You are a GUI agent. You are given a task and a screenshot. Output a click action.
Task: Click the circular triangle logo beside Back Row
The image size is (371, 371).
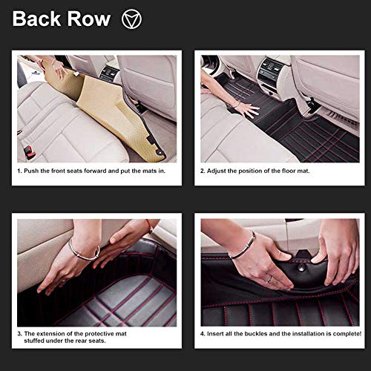(131, 19)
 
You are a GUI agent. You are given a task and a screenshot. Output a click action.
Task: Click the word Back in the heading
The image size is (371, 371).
(36, 19)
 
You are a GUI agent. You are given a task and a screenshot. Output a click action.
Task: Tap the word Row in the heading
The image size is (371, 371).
(89, 19)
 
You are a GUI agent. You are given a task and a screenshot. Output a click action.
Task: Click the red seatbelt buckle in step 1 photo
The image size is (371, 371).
(30, 152)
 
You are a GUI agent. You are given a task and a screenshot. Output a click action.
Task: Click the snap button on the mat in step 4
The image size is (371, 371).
(301, 267)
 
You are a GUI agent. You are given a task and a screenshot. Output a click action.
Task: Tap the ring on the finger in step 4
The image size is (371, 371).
(269, 280)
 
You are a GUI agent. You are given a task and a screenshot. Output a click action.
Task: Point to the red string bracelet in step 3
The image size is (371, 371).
(150, 226)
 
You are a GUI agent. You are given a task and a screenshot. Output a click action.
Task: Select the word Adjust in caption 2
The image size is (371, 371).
(216, 171)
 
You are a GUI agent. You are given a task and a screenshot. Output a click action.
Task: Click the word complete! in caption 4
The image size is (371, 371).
(347, 334)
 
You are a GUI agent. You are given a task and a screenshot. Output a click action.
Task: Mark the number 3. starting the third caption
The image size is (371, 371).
(20, 334)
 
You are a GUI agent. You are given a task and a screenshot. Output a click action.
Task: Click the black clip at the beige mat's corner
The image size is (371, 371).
(150, 140)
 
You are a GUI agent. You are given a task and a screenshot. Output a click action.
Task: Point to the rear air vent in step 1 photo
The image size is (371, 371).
(109, 73)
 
